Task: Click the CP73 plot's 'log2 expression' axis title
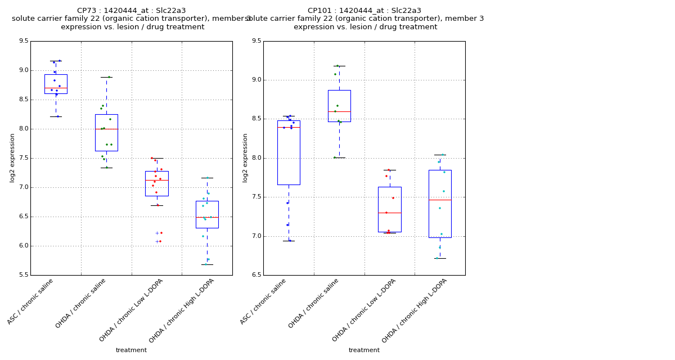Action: coord(12,158)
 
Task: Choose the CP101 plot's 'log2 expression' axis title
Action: coord(245,158)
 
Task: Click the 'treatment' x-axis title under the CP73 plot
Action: coord(131,350)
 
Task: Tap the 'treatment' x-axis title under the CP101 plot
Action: coord(364,350)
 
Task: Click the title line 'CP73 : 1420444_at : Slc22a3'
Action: coord(131,11)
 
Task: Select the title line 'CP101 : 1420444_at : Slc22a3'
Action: coord(364,11)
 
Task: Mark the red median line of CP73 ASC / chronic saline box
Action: coord(56,88)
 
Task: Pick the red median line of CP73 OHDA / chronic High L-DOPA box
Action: coord(207,217)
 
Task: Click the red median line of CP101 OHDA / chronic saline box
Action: coord(339,111)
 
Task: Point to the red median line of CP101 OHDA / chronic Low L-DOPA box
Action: coord(389,213)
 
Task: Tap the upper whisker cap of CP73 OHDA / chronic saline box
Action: coord(106,77)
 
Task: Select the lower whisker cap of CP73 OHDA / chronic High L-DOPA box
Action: coord(207,264)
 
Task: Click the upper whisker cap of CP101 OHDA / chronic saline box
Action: coord(339,66)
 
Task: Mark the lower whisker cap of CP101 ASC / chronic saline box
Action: coord(289,241)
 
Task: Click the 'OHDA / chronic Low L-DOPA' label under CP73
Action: coord(131,310)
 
